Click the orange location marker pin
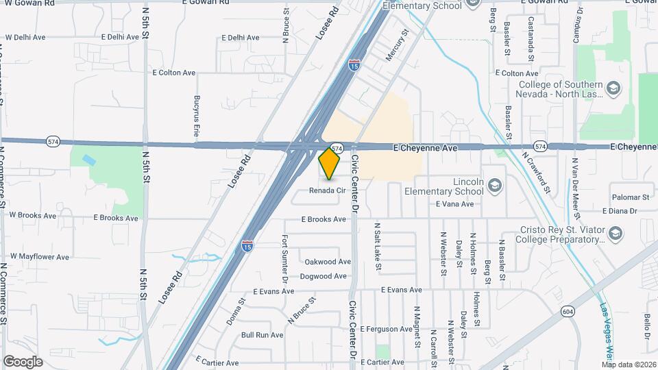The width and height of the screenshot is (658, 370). (330, 164)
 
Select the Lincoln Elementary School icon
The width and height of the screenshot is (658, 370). (496, 184)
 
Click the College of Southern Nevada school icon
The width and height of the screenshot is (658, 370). (613, 88)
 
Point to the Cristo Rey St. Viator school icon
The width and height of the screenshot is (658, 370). (615, 234)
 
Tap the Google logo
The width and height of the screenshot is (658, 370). (23, 362)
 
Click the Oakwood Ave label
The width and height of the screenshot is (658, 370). (328, 262)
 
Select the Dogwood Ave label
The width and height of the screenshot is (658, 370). (324, 277)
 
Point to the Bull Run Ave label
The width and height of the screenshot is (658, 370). (263, 335)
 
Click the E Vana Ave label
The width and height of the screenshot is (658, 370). (454, 204)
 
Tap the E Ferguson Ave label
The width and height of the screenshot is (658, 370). (387, 330)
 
